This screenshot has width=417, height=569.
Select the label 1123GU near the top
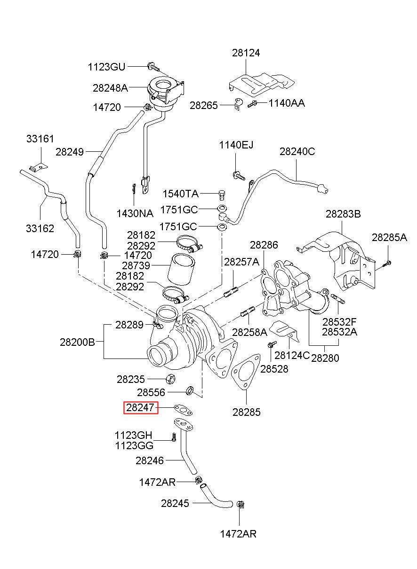[106, 67]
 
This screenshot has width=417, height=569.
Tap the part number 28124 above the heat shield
[246, 53]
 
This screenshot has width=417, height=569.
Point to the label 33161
[40, 139]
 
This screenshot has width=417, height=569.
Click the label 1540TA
[180, 194]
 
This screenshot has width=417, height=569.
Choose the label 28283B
[343, 214]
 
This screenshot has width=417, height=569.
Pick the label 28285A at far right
[389, 237]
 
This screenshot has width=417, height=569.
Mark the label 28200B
[77, 343]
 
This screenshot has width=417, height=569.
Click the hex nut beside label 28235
[171, 380]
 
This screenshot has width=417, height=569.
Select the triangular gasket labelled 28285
[246, 372]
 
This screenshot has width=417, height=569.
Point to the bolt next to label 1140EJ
[239, 176]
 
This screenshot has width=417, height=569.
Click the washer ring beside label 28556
[190, 391]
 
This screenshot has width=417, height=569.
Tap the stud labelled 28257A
[231, 292]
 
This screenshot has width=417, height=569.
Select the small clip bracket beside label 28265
[238, 104]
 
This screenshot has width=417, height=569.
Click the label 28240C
[297, 152]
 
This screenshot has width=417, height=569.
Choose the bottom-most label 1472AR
[238, 534]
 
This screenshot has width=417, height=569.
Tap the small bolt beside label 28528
[272, 344]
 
